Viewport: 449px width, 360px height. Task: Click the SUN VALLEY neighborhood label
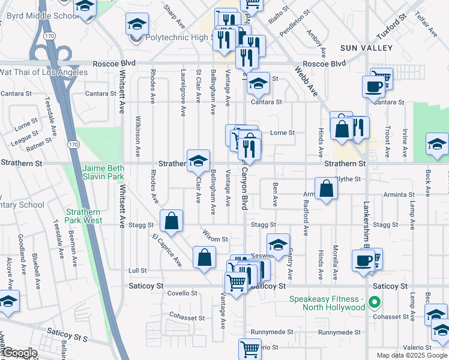coord(366,47)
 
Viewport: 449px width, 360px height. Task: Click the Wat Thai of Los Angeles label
coord(44,73)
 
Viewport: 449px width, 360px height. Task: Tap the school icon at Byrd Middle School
coord(85,7)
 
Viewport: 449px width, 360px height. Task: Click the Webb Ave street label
coord(306,82)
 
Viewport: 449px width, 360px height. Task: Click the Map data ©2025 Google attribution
coord(411,355)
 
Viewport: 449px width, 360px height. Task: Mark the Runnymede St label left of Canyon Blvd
coord(273,331)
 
